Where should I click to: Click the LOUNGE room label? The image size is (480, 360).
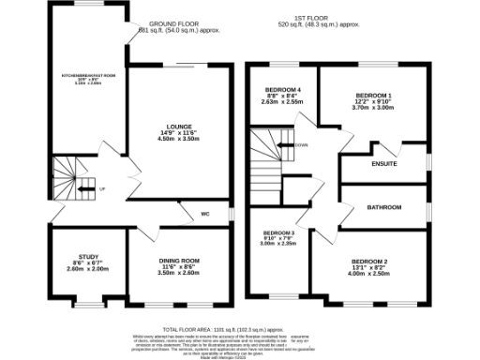click(180, 127)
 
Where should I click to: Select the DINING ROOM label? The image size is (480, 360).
click(177, 260)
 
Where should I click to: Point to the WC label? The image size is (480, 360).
click(204, 215)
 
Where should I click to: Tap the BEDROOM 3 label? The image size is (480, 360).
click(278, 232)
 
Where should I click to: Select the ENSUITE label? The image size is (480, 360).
click(383, 164)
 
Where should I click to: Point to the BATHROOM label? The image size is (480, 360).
click(383, 206)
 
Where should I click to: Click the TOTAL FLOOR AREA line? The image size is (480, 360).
click(222, 331)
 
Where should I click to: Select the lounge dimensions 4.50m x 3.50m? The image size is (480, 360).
click(180, 139)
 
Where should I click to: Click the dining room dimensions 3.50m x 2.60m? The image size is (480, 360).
click(177, 273)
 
